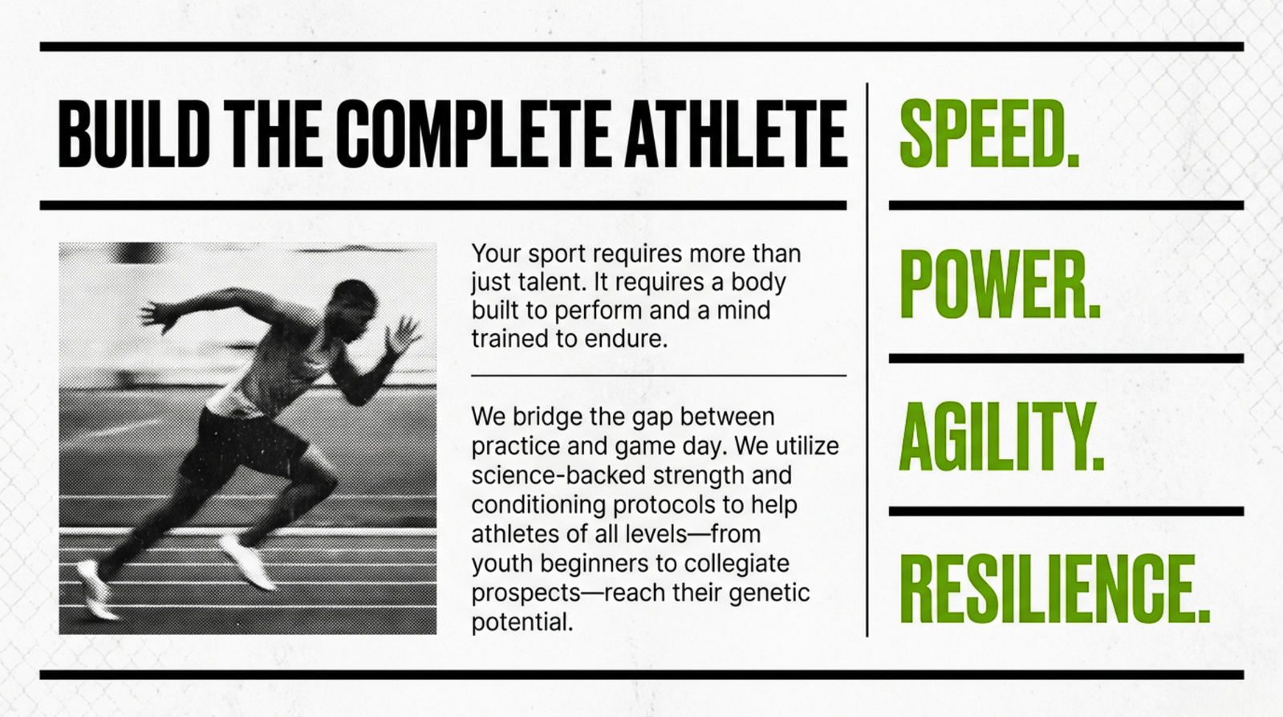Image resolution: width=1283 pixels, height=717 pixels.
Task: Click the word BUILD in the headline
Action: (x=133, y=134)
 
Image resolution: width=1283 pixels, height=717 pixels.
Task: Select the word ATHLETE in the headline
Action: (x=736, y=134)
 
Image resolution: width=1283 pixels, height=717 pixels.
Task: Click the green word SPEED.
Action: (x=989, y=133)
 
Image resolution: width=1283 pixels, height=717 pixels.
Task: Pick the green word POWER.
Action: (x=1000, y=285)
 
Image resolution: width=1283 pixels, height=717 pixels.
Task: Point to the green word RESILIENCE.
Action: (x=1054, y=589)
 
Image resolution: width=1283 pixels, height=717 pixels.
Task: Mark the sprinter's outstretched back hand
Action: (x=157, y=316)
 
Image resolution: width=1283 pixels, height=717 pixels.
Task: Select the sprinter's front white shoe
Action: (x=248, y=560)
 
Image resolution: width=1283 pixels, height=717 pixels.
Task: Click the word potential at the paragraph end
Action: (x=522, y=622)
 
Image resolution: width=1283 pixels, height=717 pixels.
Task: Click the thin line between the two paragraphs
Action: (x=659, y=376)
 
